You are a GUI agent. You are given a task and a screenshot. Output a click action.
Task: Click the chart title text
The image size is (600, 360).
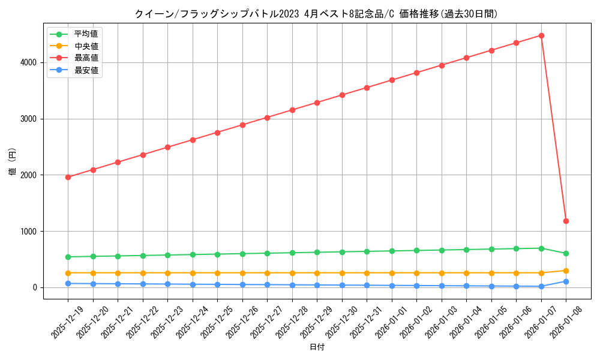pyautogui.click(x=316, y=14)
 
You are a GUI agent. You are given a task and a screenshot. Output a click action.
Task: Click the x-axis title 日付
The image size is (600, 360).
pyautogui.click(x=316, y=347)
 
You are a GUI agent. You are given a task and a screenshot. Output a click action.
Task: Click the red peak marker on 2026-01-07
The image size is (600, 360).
pyautogui.click(x=541, y=35)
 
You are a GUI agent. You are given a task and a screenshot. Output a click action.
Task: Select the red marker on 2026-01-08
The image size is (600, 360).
pyautogui.click(x=566, y=221)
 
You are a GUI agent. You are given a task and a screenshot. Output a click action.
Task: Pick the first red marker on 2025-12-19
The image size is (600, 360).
pyautogui.click(x=68, y=177)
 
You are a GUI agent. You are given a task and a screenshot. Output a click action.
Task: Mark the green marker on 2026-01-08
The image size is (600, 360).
pyautogui.click(x=566, y=253)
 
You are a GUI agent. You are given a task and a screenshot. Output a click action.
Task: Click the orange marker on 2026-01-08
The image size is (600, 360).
pyautogui.click(x=566, y=271)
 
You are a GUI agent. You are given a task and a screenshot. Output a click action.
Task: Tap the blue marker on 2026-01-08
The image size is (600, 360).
pyautogui.click(x=566, y=281)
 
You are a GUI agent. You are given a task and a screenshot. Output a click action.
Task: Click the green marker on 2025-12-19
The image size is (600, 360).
pyautogui.click(x=68, y=257)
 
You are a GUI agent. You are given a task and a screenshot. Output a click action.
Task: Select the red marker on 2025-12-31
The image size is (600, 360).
pyautogui.click(x=367, y=88)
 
